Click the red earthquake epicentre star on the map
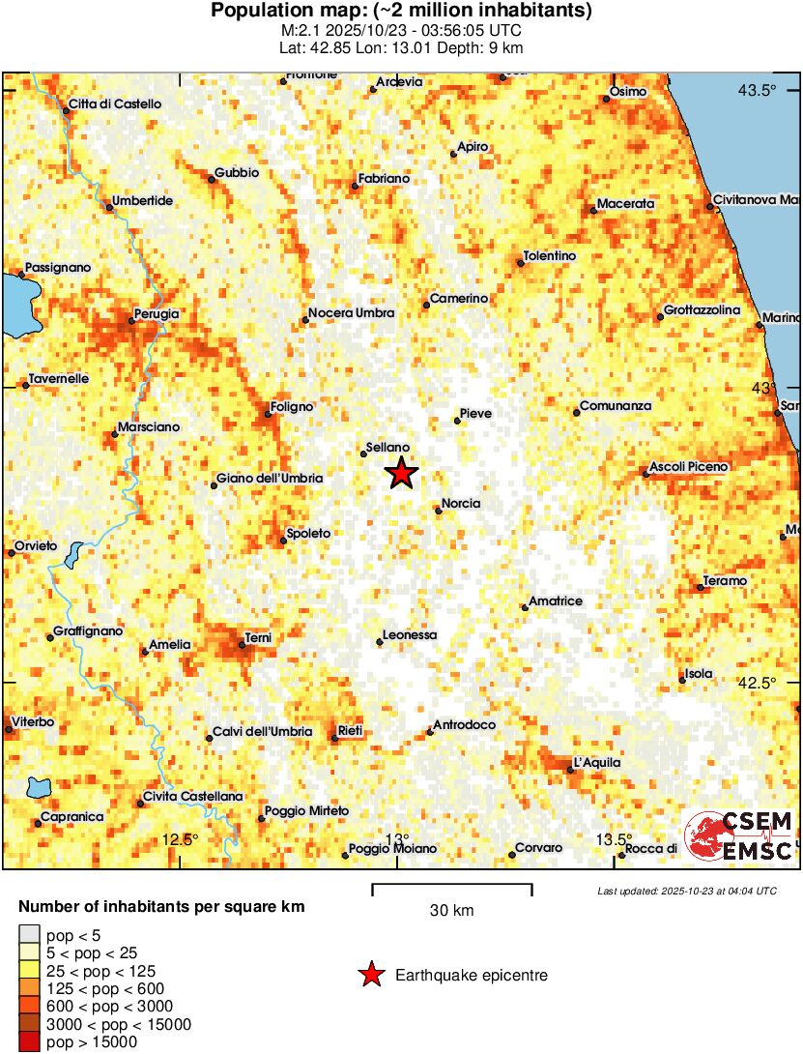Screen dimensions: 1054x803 401,474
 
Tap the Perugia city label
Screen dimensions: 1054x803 158,313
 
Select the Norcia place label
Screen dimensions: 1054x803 460,503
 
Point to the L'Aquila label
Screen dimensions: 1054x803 597,763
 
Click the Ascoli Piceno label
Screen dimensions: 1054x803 689,467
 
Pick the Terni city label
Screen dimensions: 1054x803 258,637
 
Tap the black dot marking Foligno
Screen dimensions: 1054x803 268,415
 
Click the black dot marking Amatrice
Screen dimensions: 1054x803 525,607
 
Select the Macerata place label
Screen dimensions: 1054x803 625,204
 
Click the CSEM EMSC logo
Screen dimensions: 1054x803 739,836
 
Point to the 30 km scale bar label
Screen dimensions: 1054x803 451,910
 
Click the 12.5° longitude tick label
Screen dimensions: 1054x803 180,838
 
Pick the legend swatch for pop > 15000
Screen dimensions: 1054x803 30,1041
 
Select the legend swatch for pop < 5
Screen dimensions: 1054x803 30,934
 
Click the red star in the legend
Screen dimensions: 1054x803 370,976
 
